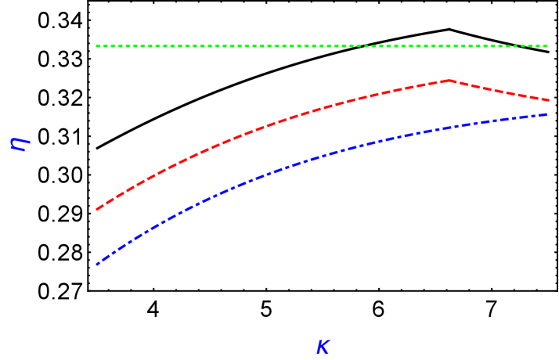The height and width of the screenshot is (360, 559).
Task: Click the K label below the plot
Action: click(323, 347)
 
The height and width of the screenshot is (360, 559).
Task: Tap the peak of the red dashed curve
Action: click(449, 80)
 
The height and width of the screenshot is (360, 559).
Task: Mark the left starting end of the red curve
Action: click(96, 210)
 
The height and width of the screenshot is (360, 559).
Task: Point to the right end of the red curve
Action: click(548, 100)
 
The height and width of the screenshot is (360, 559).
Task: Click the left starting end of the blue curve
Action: click(96, 265)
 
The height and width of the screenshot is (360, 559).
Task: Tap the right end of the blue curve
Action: click(547, 114)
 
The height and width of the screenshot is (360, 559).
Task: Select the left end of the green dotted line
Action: click(96, 46)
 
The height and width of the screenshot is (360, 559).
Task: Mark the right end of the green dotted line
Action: click(547, 46)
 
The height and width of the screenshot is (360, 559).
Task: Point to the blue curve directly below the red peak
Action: click(449, 127)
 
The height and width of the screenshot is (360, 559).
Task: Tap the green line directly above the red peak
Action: click(449, 46)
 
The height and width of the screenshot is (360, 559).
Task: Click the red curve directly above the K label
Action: click(323, 109)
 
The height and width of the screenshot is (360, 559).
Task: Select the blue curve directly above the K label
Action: click(323, 155)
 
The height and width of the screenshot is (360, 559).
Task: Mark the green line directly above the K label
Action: click(323, 46)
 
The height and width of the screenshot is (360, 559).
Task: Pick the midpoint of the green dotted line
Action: click(322, 46)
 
